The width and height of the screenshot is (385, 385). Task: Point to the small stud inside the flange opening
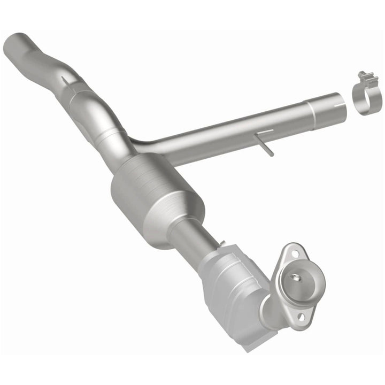pos(295,277)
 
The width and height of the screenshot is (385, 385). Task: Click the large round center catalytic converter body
pos(158,201)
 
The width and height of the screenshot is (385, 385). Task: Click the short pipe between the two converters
pos(193,237)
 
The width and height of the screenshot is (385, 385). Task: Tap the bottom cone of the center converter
pos(182,225)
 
